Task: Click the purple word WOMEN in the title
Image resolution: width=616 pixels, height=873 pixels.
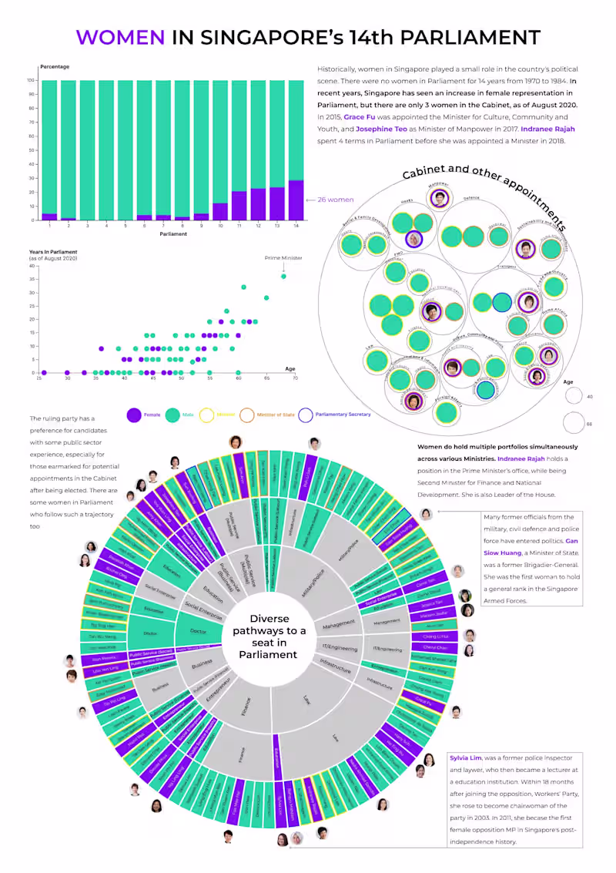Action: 120,37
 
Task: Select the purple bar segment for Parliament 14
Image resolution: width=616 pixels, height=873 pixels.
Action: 296,200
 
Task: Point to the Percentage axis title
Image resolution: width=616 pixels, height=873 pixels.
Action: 55,67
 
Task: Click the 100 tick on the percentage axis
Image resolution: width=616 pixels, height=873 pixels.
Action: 31,80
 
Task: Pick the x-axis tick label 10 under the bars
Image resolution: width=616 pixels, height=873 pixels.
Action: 220,226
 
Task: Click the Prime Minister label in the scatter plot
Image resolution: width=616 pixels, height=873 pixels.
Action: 283,258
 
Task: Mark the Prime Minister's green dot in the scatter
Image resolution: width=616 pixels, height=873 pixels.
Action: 283,276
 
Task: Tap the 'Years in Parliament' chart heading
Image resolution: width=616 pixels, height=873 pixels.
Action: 54,252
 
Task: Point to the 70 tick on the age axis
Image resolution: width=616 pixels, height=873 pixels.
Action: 295,378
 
